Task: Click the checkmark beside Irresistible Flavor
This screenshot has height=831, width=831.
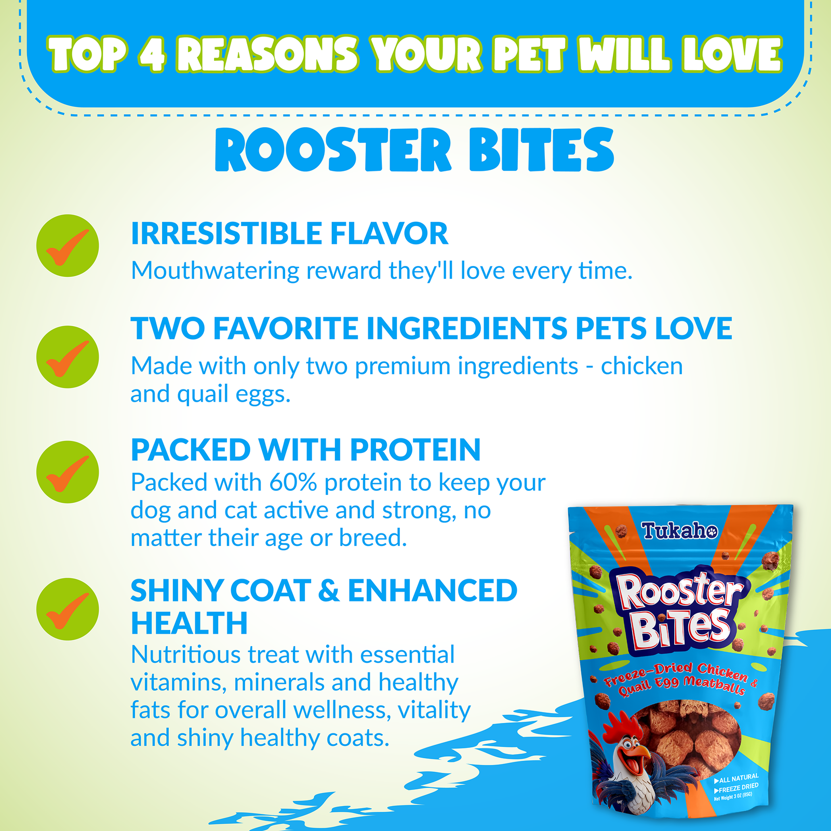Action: (68, 246)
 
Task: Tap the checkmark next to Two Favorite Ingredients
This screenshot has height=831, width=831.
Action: (68, 357)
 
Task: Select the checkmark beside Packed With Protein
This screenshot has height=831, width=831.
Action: (68, 472)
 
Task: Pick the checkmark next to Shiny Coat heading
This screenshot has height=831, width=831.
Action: (68, 609)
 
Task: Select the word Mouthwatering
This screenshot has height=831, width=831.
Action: (215, 271)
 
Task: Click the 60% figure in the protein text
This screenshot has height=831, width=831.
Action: (293, 482)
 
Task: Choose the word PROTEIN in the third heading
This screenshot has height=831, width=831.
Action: (415, 450)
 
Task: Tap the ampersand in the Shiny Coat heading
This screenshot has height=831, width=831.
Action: (329, 591)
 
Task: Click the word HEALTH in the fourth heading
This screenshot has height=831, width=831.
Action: (189, 623)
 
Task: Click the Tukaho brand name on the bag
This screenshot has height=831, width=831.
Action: (679, 531)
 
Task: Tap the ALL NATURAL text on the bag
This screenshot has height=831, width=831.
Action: (738, 778)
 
